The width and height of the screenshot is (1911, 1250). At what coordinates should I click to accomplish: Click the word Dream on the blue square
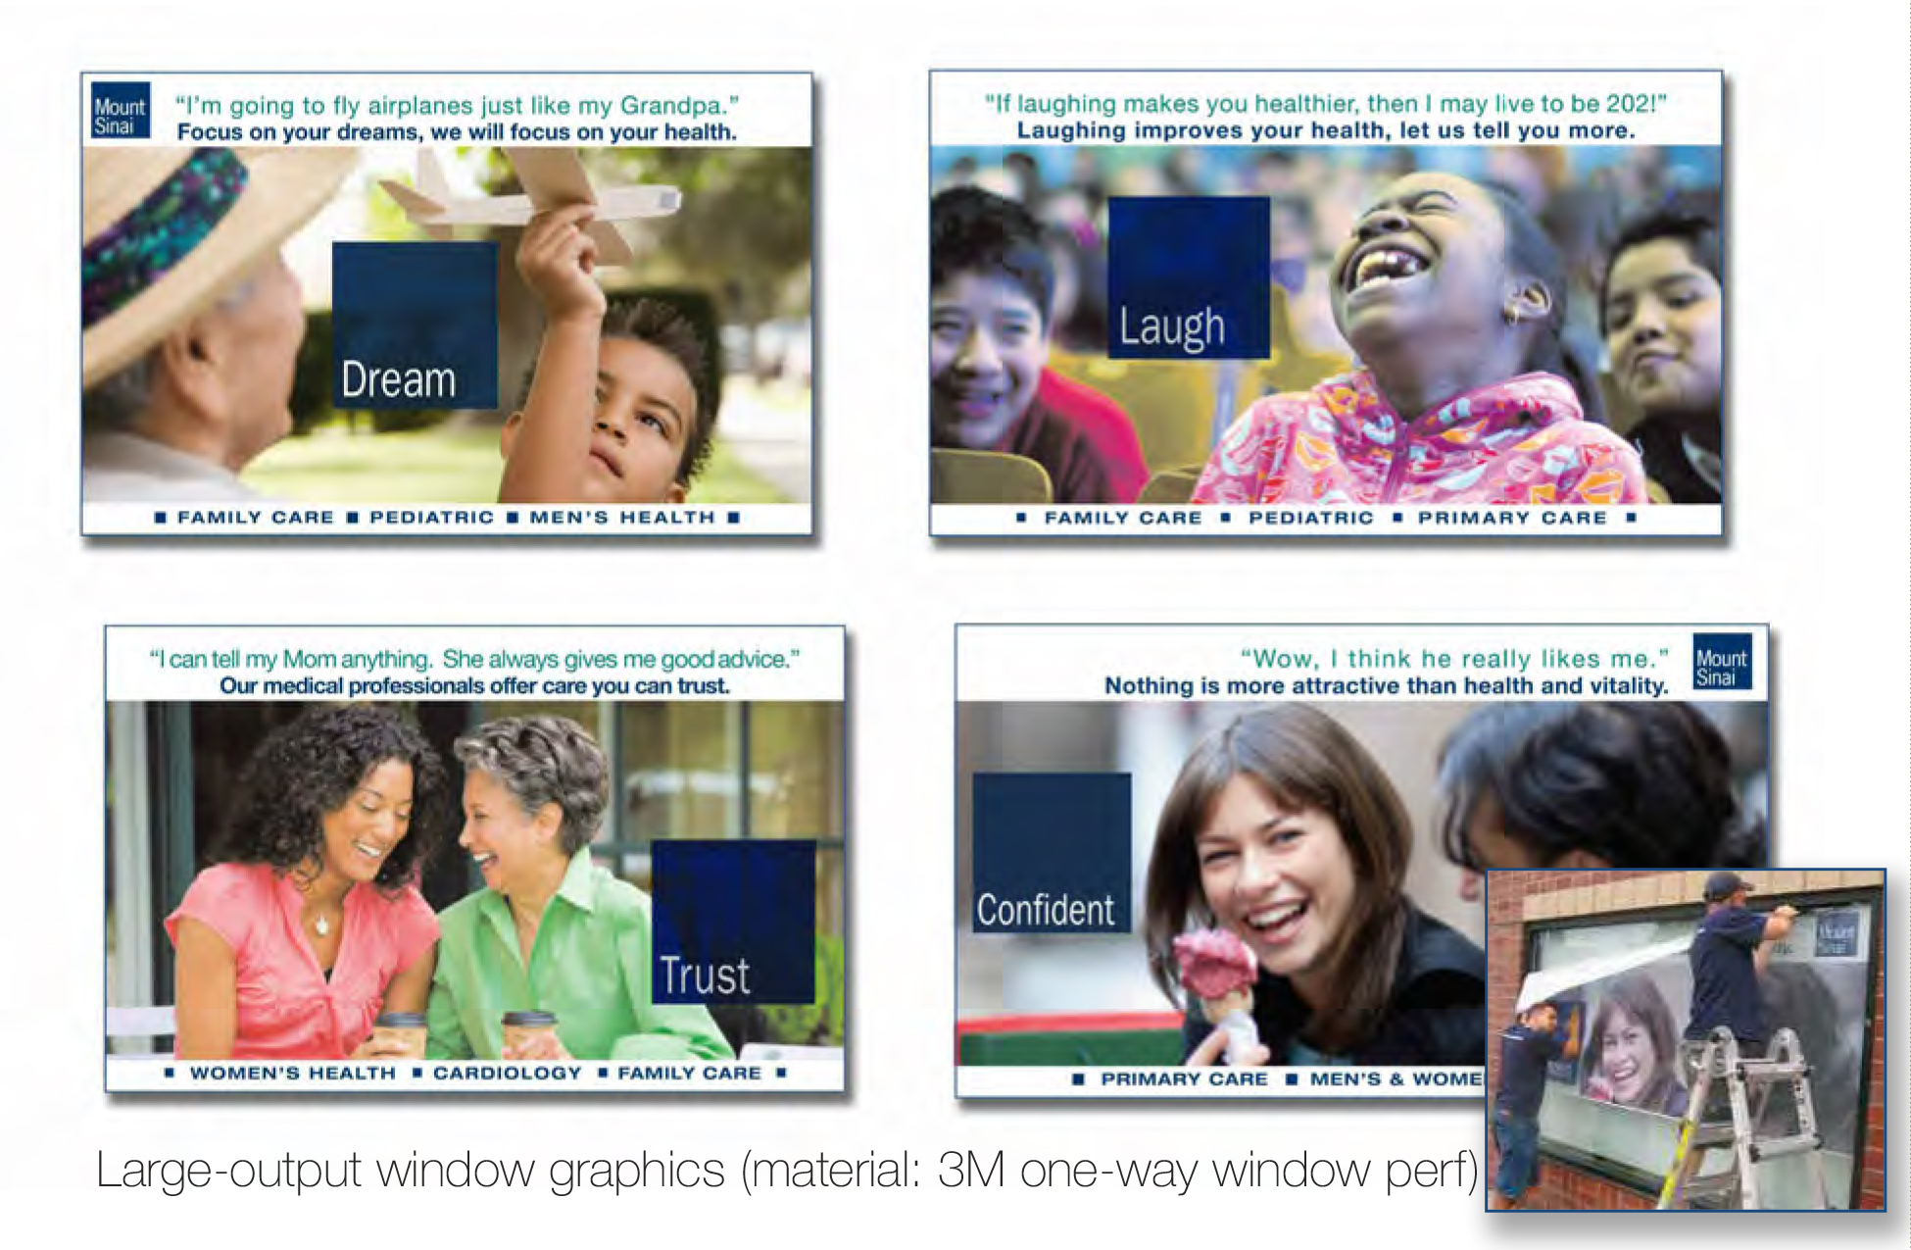point(399,379)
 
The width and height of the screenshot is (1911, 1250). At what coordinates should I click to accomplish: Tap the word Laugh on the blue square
point(1172,326)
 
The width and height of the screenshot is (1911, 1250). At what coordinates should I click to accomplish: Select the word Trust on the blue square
point(705,975)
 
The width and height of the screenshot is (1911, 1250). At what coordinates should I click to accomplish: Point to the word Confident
point(1046,910)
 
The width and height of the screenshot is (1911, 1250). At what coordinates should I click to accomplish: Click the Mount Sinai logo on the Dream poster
point(121,110)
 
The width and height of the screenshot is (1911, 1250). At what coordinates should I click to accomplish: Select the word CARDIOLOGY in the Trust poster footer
point(508,1074)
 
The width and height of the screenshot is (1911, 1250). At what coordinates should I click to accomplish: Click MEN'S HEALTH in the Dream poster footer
point(622,517)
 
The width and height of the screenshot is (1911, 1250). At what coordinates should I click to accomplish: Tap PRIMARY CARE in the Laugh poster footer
point(1512,518)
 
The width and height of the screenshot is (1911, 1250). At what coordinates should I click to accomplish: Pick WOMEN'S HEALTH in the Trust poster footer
point(293,1074)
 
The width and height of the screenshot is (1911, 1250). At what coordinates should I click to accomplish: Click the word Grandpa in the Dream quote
point(673,106)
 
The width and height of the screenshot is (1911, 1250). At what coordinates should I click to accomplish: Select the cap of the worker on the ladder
point(1727,886)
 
